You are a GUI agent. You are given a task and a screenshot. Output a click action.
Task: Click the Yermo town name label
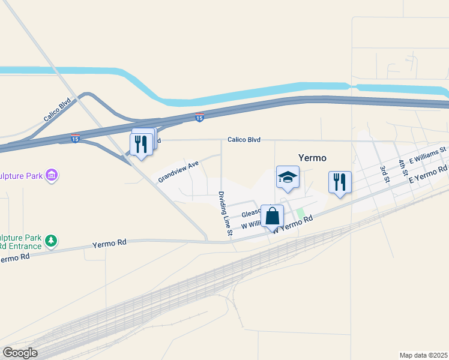coord(312,158)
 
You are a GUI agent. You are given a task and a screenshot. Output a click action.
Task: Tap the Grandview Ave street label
coord(178,172)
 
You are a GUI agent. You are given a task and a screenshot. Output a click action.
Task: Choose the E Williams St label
coord(428,155)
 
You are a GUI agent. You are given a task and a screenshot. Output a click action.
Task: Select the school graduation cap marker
coord(288,177)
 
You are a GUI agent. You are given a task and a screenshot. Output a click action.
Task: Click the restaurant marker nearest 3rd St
coord(340,182)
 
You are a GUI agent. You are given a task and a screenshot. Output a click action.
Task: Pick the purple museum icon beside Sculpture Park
coord(52,175)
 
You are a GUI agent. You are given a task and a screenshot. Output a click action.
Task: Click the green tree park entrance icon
coord(52,241)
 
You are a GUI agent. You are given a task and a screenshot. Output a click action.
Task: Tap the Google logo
coord(20,353)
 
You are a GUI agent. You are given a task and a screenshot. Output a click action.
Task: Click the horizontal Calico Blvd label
coord(244,140)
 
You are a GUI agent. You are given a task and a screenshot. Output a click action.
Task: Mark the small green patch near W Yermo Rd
coord(300,213)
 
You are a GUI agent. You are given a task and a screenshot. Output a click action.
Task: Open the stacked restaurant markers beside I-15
coord(142,144)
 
